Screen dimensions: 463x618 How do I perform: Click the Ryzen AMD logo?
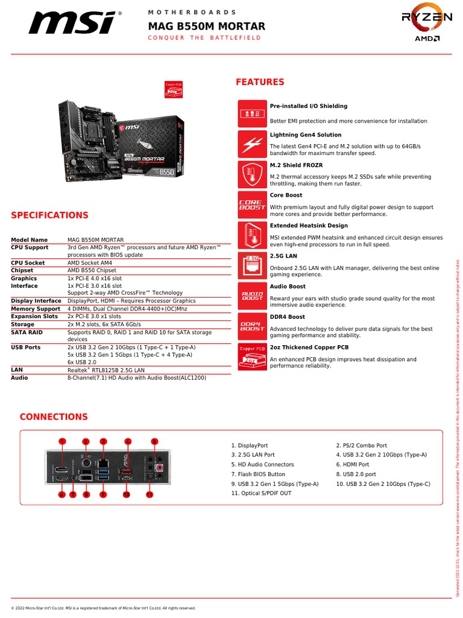pyautogui.click(x=427, y=25)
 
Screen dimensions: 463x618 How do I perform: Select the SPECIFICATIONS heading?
pyautogui.click(x=49, y=215)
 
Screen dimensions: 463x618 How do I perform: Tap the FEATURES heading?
pyautogui.click(x=260, y=82)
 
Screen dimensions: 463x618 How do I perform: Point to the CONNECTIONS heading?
pyautogui.click(x=54, y=417)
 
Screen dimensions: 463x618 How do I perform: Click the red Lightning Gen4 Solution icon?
pyautogui.click(x=251, y=144)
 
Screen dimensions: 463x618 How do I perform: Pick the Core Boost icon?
pyautogui.click(x=251, y=205)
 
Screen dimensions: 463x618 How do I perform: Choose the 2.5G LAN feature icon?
pyautogui.click(x=251, y=266)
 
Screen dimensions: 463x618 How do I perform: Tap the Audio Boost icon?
pyautogui.click(x=251, y=296)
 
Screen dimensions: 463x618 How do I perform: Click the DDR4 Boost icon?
pyautogui.click(x=251, y=327)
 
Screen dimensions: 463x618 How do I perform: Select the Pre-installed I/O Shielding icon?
pyautogui.click(x=251, y=113)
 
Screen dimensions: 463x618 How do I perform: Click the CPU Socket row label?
pyautogui.click(x=28, y=263)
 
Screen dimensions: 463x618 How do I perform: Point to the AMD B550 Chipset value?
pyautogui.click(x=92, y=271)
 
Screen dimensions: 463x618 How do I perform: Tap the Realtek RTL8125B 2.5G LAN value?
pyautogui.click(x=106, y=369)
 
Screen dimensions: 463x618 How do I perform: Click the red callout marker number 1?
pyautogui.click(x=61, y=441)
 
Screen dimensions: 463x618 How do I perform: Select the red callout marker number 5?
pyautogui.click(x=154, y=441)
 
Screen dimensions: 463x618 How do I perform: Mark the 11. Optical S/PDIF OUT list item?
pyautogui.click(x=261, y=493)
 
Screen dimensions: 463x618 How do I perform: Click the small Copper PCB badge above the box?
pyautogui.click(x=174, y=89)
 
